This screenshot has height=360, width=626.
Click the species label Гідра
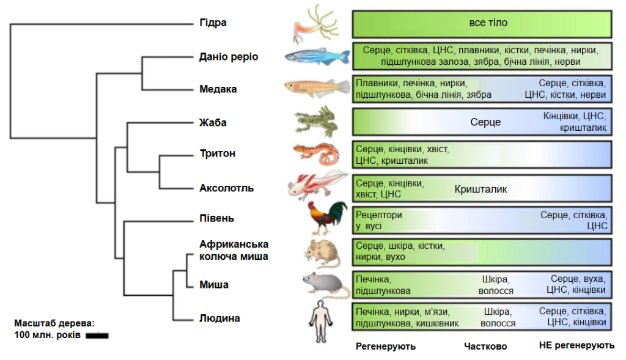pos(213,23)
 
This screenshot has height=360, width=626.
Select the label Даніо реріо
pos(229,57)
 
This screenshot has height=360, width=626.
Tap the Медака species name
pos(218,89)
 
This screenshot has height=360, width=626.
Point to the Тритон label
pos(218,153)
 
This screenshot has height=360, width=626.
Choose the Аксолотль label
pos(226,188)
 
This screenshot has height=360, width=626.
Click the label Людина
pos(219,318)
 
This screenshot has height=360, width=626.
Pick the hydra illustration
pos(315,24)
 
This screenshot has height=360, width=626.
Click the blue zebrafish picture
pos(317,57)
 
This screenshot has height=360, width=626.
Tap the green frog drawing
pos(317,122)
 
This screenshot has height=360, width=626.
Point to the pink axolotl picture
pos(318,185)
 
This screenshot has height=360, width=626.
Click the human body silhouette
pos(320,321)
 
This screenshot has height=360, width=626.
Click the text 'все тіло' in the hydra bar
pos(488,23)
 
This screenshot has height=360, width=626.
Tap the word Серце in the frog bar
pos(485,122)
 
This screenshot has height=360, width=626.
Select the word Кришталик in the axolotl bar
pos(481,189)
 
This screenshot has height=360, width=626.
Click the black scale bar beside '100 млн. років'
pos(97,336)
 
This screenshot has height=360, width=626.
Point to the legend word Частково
pos(485,347)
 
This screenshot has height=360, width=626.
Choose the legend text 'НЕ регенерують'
pos(576,345)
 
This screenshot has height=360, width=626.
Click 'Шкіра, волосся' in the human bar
pos(498,317)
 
